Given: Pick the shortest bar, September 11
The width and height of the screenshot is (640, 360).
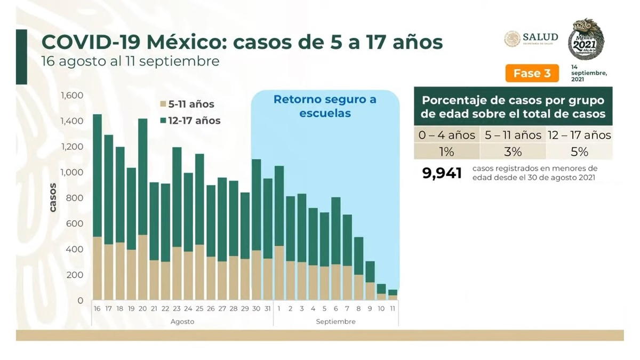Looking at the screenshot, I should (x=393, y=294).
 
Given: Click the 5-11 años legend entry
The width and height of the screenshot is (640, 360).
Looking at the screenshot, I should (x=187, y=105).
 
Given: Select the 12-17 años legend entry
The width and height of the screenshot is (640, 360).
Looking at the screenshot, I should (x=190, y=121).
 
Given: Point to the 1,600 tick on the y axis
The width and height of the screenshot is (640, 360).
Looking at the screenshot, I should (x=73, y=96).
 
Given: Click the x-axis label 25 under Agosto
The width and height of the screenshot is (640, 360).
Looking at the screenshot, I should (x=199, y=309).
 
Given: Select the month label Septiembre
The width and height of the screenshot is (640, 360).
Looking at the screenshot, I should (x=335, y=322).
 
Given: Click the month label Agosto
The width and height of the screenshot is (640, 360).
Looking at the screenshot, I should (x=182, y=322).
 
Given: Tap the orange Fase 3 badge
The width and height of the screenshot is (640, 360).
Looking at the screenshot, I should (x=532, y=74).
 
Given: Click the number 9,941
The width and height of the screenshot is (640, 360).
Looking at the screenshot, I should (x=442, y=173).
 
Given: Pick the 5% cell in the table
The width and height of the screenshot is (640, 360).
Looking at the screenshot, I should (x=579, y=152).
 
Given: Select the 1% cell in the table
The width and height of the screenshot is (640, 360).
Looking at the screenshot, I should (x=446, y=152).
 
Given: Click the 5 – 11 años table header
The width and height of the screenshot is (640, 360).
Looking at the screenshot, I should (x=513, y=135).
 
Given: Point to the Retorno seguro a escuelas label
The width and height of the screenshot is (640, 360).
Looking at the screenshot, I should (x=325, y=106).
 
